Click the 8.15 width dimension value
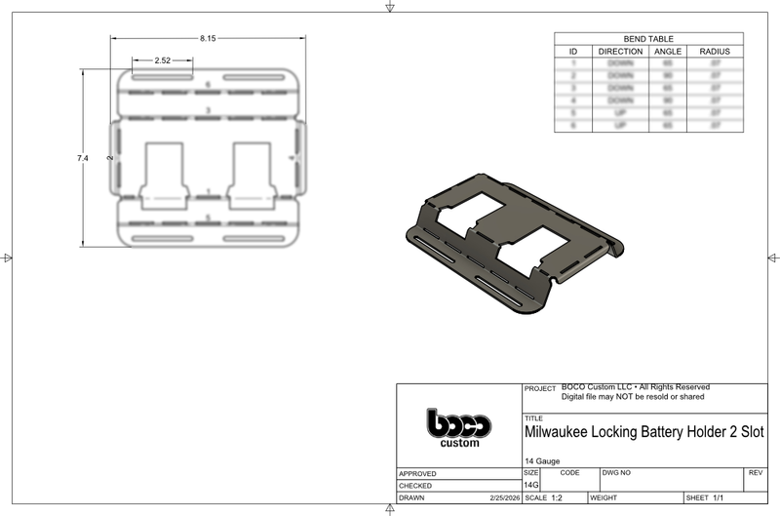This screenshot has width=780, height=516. coord(208,38)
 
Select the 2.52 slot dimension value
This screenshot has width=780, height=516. coord(163,60)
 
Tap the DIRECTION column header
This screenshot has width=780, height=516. coord(620,51)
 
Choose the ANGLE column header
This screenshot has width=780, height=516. coord(667,51)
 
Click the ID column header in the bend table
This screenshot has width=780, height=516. coord(573,51)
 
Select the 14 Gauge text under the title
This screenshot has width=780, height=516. coord(543,460)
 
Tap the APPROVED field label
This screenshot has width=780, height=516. coord(416,473)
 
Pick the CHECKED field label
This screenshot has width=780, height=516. coord(415,485)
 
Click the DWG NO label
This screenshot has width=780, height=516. coord(617,472)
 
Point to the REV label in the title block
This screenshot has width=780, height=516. coord(754,472)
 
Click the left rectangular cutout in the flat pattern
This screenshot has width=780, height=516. coord(163,169)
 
